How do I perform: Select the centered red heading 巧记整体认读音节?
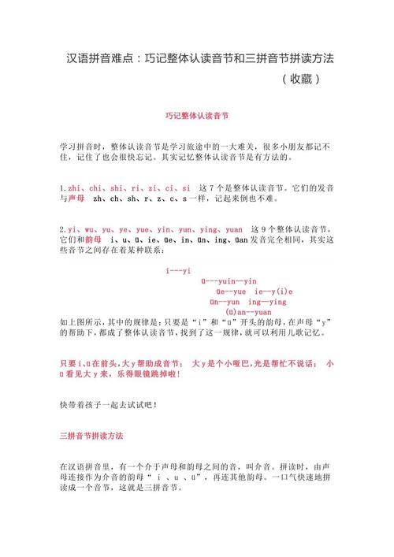[196, 115]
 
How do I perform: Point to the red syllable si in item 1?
[186, 189]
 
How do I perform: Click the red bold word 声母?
[76, 200]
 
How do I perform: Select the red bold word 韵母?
[94, 239]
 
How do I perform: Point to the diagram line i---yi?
[178, 270]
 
